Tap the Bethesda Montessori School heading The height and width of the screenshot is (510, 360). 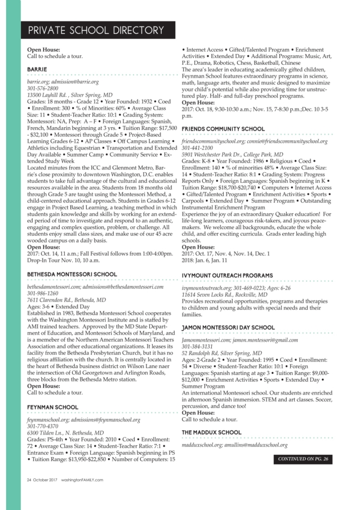coord(72,274)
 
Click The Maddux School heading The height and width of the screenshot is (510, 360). coord(211,432)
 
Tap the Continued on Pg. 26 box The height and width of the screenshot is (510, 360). coord(303,459)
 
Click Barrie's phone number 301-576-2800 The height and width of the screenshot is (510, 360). coord(42,88)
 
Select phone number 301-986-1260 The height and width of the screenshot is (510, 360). coord(42,293)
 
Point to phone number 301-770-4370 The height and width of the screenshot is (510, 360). coord(42,426)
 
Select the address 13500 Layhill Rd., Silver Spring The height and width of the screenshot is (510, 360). coord(70,95)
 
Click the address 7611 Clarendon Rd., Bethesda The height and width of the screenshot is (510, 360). coord(66,300)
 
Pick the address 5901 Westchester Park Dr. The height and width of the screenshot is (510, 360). coord(233,154)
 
